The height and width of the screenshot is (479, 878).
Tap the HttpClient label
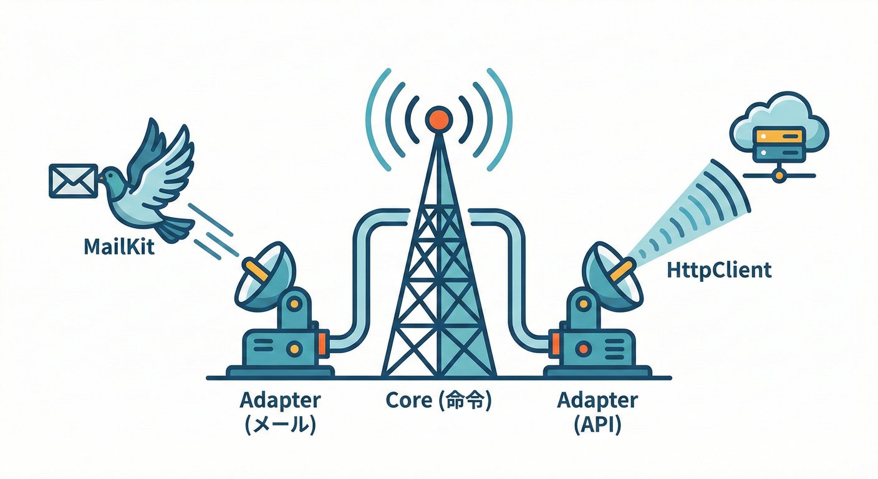pyautogui.click(x=719, y=271)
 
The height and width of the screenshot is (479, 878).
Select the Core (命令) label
pyautogui.click(x=439, y=400)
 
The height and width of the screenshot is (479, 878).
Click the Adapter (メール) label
pyautogui.click(x=280, y=412)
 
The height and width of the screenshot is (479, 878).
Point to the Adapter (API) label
pyautogui.click(x=597, y=412)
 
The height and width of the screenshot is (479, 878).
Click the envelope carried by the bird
pyautogui.click(x=73, y=181)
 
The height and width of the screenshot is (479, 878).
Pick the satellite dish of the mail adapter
pyautogui.click(x=264, y=275)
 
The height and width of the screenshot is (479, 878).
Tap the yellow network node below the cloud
pyautogui.click(x=778, y=177)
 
